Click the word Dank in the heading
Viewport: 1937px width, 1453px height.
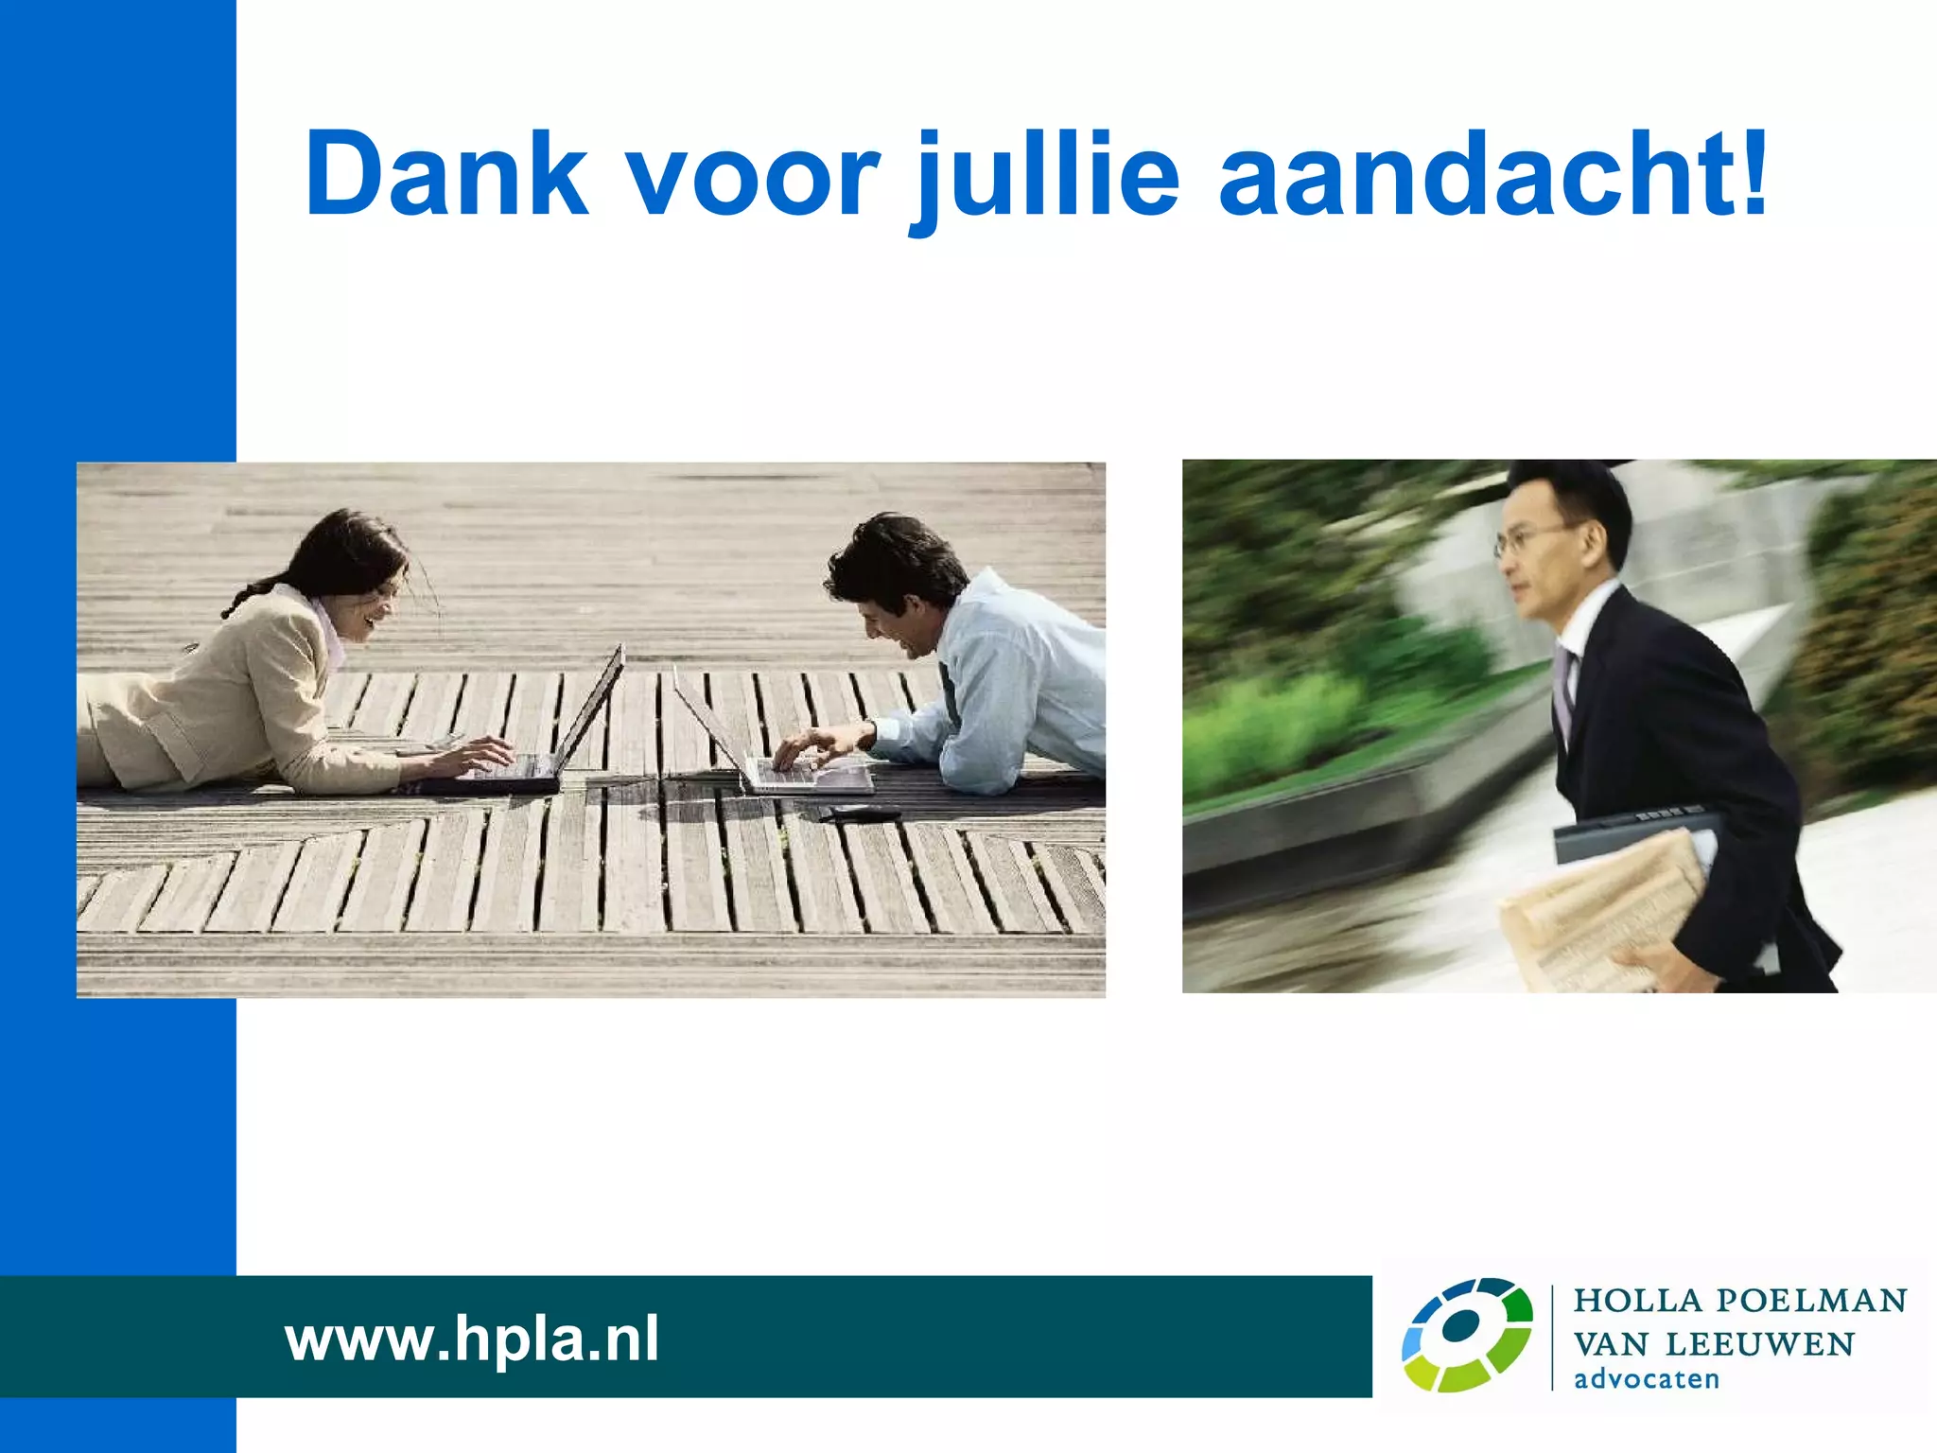[x=446, y=175]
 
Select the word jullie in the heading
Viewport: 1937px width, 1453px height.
[x=1045, y=178]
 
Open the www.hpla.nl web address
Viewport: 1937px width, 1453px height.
[x=471, y=1339]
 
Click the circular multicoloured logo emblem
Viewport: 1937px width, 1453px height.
[x=1466, y=1335]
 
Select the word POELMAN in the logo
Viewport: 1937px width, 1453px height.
[x=1811, y=1301]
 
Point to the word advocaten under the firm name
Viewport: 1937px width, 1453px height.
[x=1646, y=1379]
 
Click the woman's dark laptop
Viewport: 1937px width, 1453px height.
[x=549, y=738]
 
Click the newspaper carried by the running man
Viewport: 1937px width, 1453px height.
[x=1598, y=908]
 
